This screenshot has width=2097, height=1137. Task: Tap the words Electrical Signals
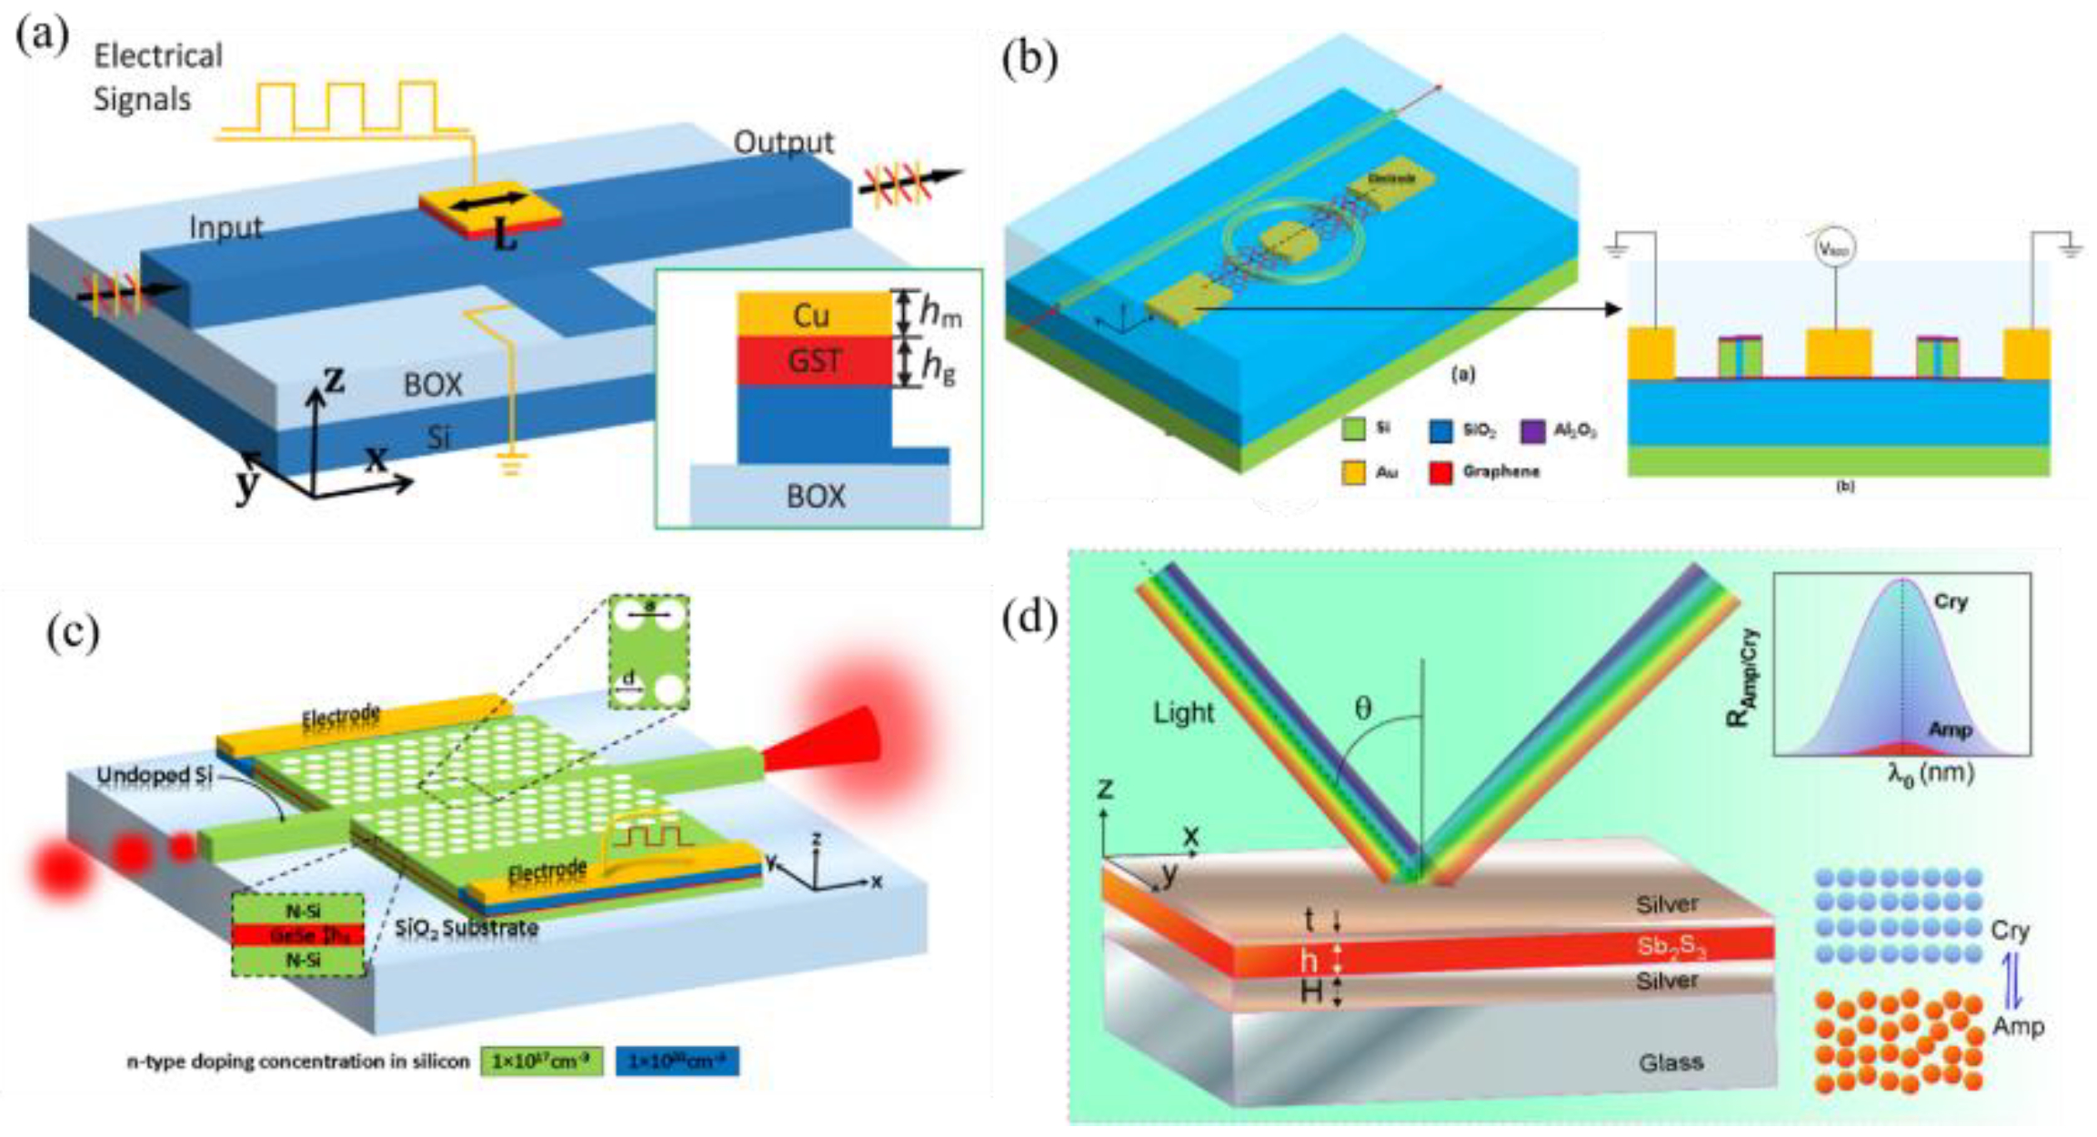pyautogui.click(x=157, y=77)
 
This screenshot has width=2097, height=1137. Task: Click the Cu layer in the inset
pyautogui.click(x=811, y=315)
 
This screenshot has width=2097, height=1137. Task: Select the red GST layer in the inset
pyautogui.click(x=813, y=361)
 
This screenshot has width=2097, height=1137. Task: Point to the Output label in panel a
pyautogui.click(x=783, y=143)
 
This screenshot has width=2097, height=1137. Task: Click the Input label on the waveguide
pyautogui.click(x=226, y=227)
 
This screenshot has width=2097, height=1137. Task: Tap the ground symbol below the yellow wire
pyautogui.click(x=512, y=466)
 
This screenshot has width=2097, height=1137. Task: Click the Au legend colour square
pyautogui.click(x=1352, y=472)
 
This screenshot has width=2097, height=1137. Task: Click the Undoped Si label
pyautogui.click(x=154, y=777)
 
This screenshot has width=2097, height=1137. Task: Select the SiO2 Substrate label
pyautogui.click(x=467, y=929)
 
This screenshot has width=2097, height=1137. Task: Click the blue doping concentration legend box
pyautogui.click(x=677, y=1061)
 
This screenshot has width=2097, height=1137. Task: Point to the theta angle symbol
pyautogui.click(x=1362, y=708)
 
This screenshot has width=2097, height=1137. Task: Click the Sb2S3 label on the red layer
pyautogui.click(x=1671, y=946)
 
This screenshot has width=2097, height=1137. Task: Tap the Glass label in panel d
pyautogui.click(x=1671, y=1062)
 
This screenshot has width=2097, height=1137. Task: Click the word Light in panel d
pyautogui.click(x=1183, y=712)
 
